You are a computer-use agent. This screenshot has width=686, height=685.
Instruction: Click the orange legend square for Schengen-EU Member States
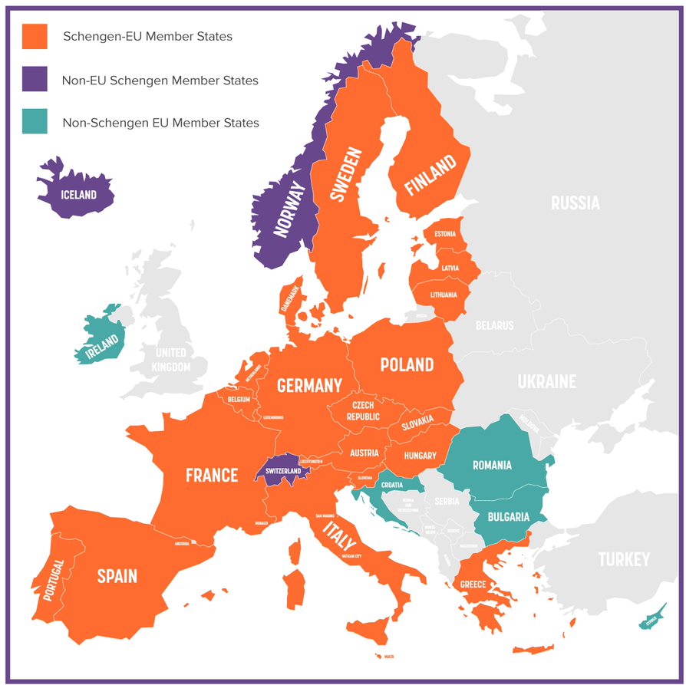point(35,36)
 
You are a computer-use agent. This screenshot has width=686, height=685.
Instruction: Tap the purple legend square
point(35,79)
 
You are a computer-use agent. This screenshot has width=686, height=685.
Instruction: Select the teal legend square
point(35,121)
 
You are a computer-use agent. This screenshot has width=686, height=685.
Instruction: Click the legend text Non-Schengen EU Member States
point(160,123)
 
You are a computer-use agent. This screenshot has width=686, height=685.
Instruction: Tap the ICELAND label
point(79,195)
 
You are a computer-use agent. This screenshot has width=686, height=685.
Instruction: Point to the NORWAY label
point(289,210)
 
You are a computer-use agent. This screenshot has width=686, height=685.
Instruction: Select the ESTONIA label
point(445,234)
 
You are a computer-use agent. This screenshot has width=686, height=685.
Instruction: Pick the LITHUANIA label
point(444,295)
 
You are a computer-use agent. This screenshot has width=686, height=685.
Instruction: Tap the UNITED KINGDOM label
point(171,360)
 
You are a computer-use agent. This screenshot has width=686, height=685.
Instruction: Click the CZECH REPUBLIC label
point(363,411)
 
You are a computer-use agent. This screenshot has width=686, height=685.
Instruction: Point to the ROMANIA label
point(492,465)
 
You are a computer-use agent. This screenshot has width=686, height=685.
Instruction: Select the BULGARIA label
point(507,517)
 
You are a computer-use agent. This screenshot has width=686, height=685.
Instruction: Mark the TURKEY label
point(624,559)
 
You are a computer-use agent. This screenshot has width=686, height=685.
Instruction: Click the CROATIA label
point(391,485)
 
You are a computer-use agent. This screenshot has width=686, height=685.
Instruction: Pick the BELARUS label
point(494,325)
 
